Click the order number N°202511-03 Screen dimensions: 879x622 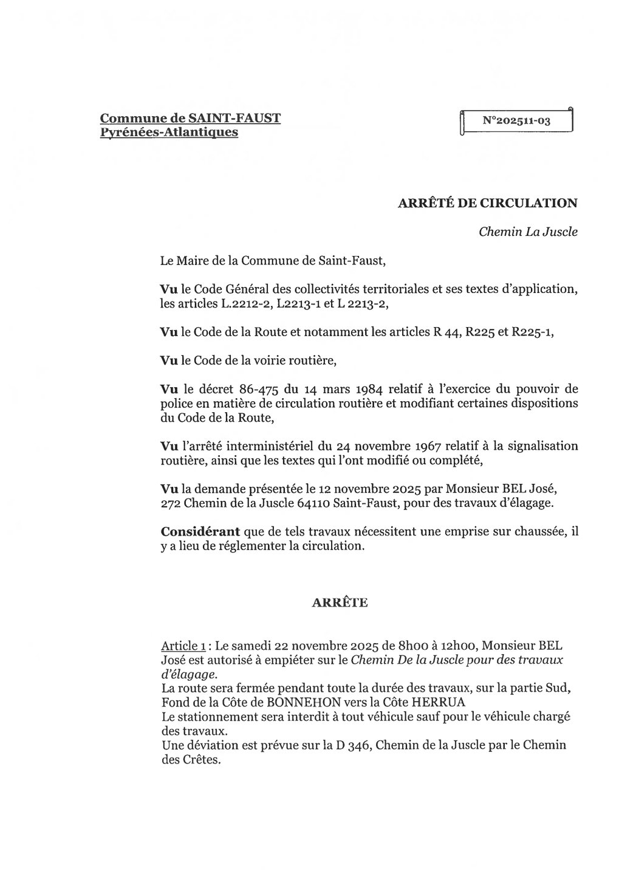[x=516, y=121]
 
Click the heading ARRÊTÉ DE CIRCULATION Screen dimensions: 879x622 [x=487, y=203]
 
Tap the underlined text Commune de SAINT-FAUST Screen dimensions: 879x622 [x=190, y=118]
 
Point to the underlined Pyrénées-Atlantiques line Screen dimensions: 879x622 [x=169, y=131]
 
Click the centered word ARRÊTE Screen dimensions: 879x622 [x=340, y=602]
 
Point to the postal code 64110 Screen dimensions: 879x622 [x=328, y=503]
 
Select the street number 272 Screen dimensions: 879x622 [x=172, y=503]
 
